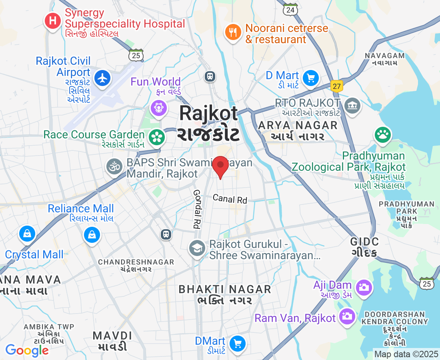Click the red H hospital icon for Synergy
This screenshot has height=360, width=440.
coord(53,21)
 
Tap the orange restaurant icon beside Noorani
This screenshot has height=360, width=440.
coord(233,32)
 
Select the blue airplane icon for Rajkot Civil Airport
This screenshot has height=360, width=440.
coord(103,78)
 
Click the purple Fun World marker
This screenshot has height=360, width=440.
coord(158,108)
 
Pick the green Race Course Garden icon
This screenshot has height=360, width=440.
coord(157,137)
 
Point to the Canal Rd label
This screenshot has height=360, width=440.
coord(230,198)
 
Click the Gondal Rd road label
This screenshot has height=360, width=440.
coord(196,209)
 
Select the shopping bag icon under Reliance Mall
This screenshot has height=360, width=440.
coord(92,235)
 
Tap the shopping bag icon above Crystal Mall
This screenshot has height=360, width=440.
coord(27,233)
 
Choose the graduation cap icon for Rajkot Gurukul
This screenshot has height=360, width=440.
coord(197,248)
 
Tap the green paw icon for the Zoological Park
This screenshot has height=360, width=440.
coord(383,135)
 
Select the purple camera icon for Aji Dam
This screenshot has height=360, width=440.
coord(364,287)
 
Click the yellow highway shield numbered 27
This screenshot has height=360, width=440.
coord(336,86)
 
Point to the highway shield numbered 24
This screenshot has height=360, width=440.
coord(290,10)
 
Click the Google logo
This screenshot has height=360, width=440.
coord(27,350)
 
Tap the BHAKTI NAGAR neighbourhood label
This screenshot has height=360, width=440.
coord(225,289)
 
